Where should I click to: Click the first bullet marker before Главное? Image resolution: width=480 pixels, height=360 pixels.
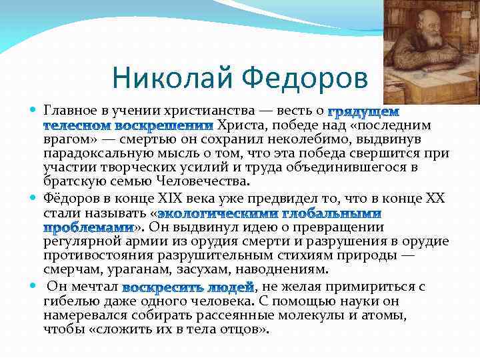[35, 109]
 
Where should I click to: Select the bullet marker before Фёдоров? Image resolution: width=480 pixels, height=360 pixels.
[35, 198]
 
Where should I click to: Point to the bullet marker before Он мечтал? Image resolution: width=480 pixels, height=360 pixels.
[35, 287]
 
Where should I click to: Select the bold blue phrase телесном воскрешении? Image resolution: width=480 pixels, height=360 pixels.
[128, 125]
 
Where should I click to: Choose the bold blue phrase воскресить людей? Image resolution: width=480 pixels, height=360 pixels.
[189, 287]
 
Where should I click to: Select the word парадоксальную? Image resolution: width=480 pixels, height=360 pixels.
[91, 154]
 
